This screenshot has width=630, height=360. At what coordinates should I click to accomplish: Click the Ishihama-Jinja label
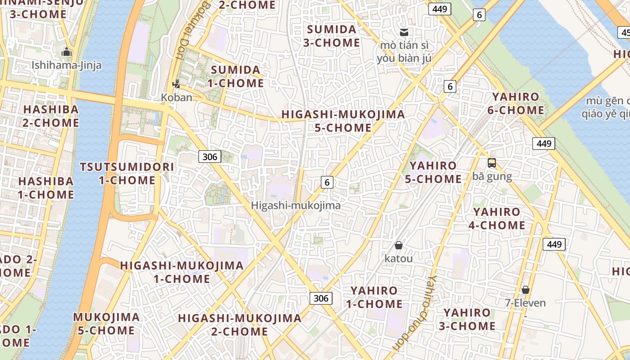66,65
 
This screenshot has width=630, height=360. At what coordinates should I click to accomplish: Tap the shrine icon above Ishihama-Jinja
67,52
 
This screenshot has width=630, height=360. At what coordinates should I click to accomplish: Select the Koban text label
176,97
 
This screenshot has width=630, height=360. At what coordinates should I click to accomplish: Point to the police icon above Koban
176,84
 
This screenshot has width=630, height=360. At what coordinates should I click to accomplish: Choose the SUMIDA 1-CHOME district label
235,76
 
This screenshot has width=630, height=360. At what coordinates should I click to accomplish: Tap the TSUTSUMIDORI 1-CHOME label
127,174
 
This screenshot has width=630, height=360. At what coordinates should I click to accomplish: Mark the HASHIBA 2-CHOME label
51,116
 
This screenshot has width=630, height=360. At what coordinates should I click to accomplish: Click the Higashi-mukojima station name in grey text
296,206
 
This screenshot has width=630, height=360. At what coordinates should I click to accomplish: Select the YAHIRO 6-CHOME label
515,103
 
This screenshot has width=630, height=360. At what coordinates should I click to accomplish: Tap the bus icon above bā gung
492,163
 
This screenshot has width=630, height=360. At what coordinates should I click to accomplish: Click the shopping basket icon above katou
398,245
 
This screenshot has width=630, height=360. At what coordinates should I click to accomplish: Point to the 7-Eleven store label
525,303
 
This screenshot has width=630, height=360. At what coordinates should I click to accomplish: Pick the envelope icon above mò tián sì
404,32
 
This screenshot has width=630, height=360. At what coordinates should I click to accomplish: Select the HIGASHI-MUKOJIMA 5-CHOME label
343,121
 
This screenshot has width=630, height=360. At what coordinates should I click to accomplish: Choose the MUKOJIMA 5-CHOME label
106,324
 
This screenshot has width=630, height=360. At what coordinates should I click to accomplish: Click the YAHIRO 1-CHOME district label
374,297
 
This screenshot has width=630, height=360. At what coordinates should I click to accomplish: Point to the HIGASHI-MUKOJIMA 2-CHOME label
239,325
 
